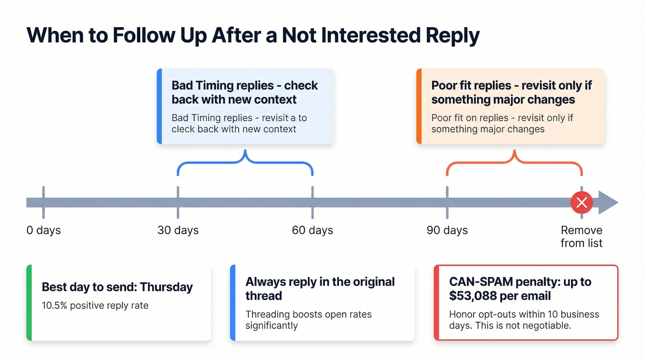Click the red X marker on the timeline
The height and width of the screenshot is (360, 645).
click(x=581, y=202)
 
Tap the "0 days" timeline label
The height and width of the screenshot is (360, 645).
click(x=43, y=230)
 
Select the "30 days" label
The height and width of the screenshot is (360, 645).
click(x=178, y=230)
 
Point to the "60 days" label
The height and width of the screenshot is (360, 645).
click(x=312, y=230)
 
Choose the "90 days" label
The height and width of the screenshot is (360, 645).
click(x=447, y=230)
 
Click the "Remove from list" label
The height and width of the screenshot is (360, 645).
click(x=581, y=236)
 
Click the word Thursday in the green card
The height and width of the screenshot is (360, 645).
click(x=166, y=287)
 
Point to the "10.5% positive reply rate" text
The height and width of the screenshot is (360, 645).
click(x=95, y=305)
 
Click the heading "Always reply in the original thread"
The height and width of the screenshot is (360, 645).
click(x=320, y=289)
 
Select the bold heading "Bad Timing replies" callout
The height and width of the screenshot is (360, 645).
click(x=245, y=92)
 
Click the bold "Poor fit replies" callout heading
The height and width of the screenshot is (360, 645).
click(x=511, y=92)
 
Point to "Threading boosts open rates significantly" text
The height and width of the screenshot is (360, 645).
click(x=308, y=320)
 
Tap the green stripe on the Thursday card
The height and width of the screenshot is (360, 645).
click(x=29, y=302)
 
